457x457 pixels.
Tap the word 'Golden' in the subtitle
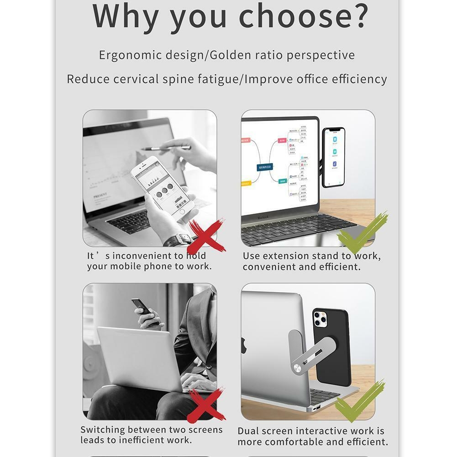point(230,55)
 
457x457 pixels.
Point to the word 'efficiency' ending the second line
point(359,79)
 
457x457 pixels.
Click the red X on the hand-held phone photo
point(206,236)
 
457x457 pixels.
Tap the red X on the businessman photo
point(206,405)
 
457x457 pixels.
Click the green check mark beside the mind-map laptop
point(363,232)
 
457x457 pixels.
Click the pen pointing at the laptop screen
point(166,148)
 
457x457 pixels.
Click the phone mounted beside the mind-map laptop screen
point(334,158)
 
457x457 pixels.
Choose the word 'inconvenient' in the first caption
point(142,256)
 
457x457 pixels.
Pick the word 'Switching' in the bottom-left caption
point(102,430)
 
